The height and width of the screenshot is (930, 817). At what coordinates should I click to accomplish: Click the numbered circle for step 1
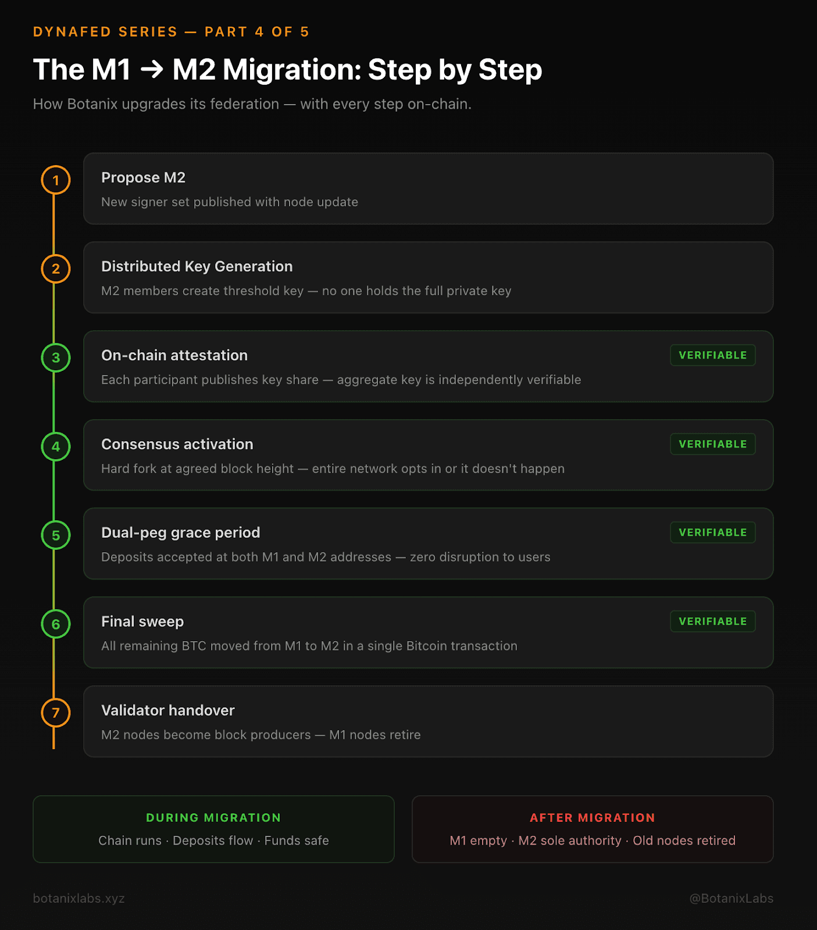pos(56,180)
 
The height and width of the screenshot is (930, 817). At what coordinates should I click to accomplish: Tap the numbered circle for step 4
pos(56,446)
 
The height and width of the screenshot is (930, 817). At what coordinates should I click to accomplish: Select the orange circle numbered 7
pos(56,713)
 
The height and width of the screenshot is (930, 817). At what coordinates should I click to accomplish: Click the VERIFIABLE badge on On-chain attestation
pos(712,355)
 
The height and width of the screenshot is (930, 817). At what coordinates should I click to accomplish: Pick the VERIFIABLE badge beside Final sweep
pos(712,621)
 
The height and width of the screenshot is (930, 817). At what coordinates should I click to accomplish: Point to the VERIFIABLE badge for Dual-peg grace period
pos(712,532)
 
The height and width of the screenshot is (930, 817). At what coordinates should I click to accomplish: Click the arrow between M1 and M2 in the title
pos(152,70)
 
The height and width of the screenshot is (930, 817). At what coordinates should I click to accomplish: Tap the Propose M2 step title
pos(143,177)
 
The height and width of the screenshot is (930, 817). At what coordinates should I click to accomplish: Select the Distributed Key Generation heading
pos(197,266)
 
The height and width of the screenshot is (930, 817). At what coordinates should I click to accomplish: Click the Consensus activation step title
pos(177,444)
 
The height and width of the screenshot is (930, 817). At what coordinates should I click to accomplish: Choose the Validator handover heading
pos(167,710)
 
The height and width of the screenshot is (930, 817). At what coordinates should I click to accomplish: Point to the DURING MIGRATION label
pos(213,818)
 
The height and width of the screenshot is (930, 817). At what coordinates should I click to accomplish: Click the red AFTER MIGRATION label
pos(592,818)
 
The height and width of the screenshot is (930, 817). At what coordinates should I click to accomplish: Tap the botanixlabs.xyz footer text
pos(79,898)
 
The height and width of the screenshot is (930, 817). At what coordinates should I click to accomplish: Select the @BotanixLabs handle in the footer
pos(731,898)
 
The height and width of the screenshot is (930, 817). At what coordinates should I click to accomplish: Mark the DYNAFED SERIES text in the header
pos(105,32)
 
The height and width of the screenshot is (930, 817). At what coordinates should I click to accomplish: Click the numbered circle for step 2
pos(56,269)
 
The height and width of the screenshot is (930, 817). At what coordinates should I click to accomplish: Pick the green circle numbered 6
pos(56,624)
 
